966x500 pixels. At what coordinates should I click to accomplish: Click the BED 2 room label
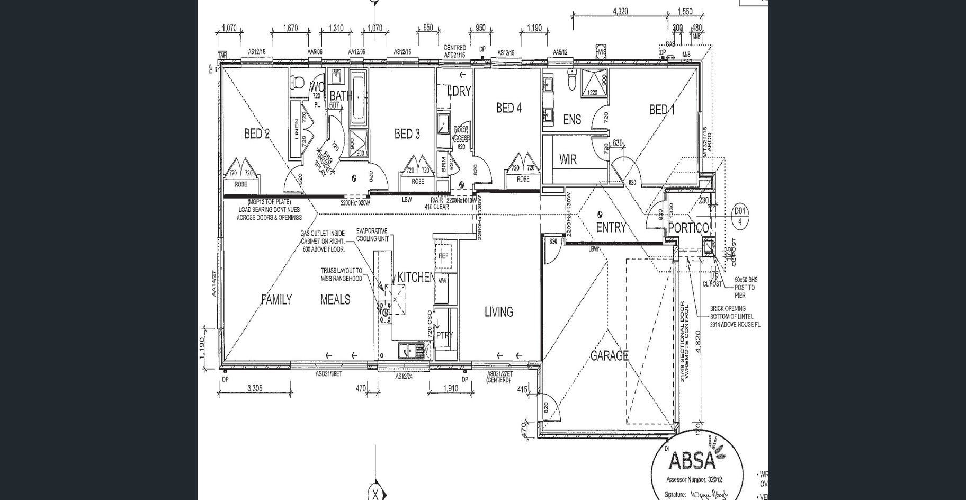tap(256, 133)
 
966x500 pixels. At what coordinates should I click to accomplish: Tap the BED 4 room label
tap(508, 108)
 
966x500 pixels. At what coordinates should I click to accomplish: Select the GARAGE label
tap(609, 355)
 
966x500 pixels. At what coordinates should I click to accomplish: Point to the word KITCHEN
tap(416, 277)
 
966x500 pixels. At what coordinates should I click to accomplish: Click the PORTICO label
tap(688, 228)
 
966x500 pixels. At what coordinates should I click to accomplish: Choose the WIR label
tap(568, 159)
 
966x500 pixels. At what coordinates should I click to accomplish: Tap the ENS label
tap(571, 120)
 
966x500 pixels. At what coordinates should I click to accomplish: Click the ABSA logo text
tap(692, 460)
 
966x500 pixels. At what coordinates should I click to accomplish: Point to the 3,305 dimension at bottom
tap(255, 388)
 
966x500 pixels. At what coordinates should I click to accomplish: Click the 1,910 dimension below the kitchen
tap(450, 388)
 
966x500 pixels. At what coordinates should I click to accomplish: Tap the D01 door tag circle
tap(740, 216)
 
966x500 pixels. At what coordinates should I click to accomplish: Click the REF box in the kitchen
tap(444, 256)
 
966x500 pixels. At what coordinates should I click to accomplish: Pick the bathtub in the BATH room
tap(359, 96)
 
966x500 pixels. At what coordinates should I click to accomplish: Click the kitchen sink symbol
tap(407, 351)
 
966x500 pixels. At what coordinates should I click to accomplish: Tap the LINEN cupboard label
tap(296, 127)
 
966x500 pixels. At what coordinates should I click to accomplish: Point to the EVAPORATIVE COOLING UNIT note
tap(372, 235)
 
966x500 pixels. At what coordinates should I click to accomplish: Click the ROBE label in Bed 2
tap(241, 185)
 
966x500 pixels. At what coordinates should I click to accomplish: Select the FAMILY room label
tap(276, 300)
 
